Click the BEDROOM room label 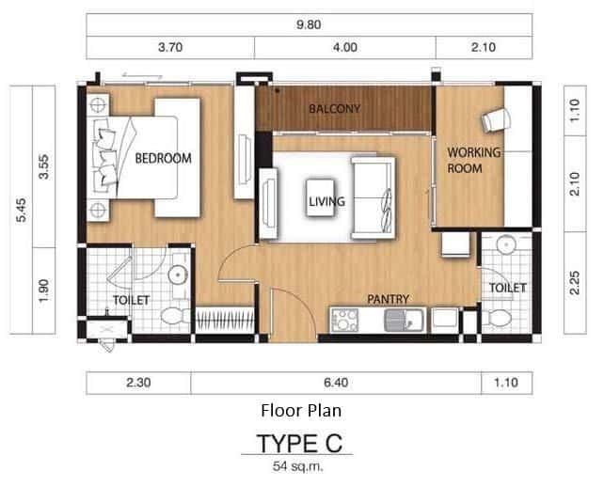(163, 158)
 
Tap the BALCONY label (334, 109)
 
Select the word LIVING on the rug (326, 201)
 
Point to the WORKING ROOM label (473, 160)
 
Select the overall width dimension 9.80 (308, 25)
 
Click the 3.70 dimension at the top (170, 47)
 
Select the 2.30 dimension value (138, 383)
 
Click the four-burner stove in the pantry (345, 319)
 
